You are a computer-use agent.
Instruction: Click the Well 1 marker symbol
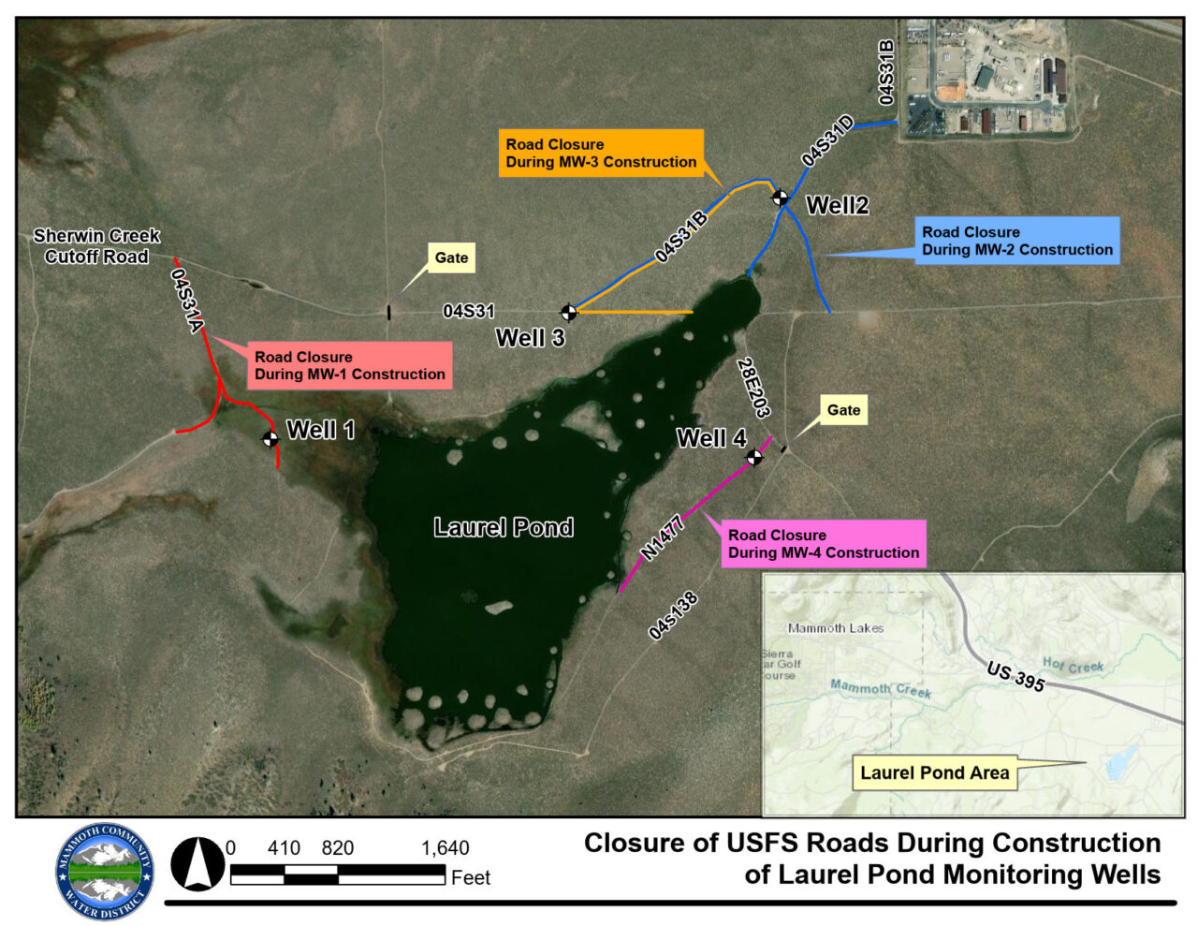point(270,438)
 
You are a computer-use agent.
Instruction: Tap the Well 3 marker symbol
point(568,312)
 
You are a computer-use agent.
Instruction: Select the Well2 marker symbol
point(779,197)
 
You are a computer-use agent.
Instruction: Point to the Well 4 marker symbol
point(754,457)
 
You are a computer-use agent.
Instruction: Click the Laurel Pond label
point(504,527)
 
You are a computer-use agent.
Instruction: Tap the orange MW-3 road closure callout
point(601,154)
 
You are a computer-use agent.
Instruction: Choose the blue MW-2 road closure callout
point(1016,241)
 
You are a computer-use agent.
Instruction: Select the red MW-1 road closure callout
point(349,365)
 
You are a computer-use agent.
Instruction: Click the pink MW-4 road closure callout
point(823,544)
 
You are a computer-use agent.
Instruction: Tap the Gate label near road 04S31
point(451,257)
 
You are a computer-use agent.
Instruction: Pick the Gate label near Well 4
point(843,410)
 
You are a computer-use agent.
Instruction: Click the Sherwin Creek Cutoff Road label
point(96,246)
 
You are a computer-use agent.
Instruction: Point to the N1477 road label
point(663,537)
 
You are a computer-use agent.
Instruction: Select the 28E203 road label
point(753,388)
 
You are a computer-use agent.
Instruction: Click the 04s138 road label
point(673,616)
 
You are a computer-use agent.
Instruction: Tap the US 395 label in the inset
point(1015,675)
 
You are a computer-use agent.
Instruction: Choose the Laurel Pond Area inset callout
point(934,772)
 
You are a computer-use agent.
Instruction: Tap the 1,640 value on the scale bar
point(445,848)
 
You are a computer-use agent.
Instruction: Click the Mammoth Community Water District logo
point(104,872)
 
